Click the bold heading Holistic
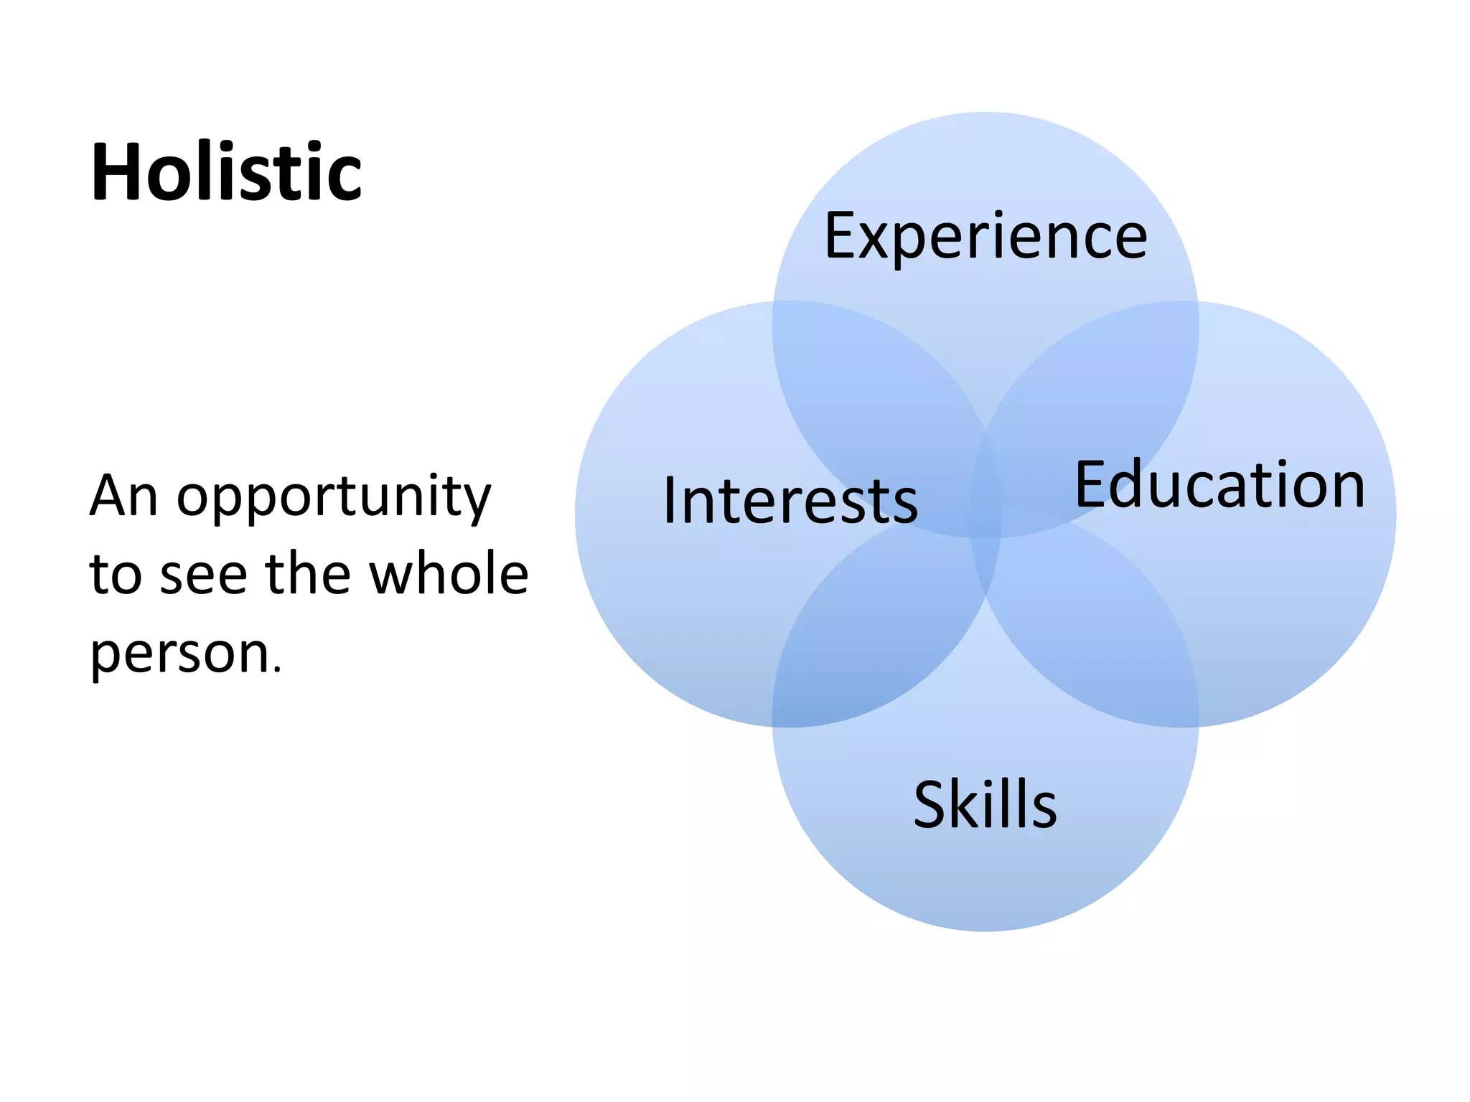point(226,172)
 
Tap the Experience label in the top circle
point(986,237)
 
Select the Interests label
point(790,500)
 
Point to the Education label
point(1219,485)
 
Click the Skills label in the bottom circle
point(985,804)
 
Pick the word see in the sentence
point(203,575)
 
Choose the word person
point(179,654)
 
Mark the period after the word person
point(277,671)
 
